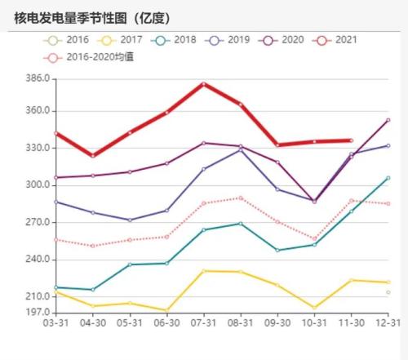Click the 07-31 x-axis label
pyautogui.click(x=203, y=323)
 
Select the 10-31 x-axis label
pyautogui.click(x=314, y=323)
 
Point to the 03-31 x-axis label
pyautogui.click(x=55, y=323)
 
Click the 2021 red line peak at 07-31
pyautogui.click(x=203, y=83)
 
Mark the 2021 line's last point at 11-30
pyautogui.click(x=351, y=140)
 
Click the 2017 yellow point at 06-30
pyautogui.click(x=166, y=310)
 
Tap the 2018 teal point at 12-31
pyautogui.click(x=388, y=178)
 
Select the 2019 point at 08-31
pyautogui.click(x=241, y=149)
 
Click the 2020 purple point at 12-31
pyautogui.click(x=388, y=120)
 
